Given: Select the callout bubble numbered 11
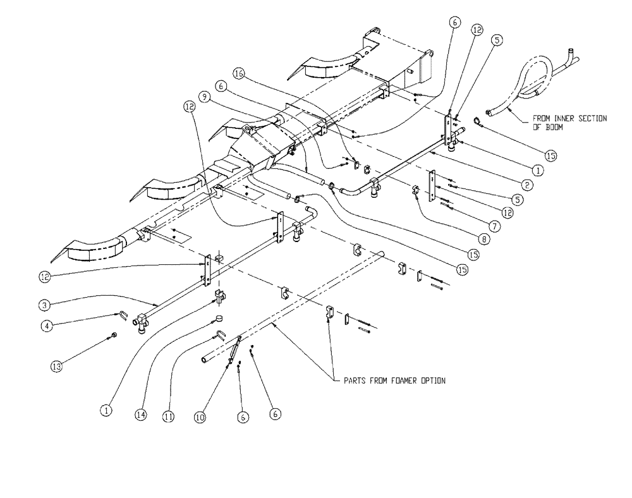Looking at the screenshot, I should (169, 416).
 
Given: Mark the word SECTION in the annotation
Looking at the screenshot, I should (592, 118).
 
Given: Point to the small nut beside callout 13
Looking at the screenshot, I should (113, 336).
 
